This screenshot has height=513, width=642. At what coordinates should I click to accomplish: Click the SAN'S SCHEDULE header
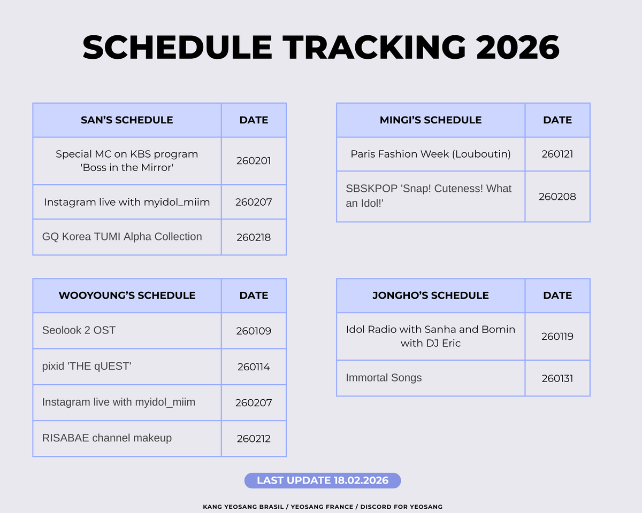[x=127, y=120]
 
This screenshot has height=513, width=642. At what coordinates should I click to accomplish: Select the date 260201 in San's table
[x=254, y=161]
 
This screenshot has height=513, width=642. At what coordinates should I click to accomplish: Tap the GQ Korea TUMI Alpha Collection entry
[x=122, y=237]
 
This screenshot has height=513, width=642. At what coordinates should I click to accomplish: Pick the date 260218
[x=254, y=237]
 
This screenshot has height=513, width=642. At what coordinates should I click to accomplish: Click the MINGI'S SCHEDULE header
[x=431, y=120]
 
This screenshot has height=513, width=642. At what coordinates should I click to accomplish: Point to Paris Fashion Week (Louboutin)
[x=431, y=154]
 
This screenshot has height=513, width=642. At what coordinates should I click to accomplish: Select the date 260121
[x=557, y=154]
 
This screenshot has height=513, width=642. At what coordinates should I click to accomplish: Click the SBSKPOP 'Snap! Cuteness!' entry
[x=429, y=196]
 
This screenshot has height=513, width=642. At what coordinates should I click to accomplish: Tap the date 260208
[x=557, y=197]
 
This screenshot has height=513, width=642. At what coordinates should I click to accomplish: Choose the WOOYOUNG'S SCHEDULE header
[x=127, y=296]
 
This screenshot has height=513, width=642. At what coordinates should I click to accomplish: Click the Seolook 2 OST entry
[x=79, y=330]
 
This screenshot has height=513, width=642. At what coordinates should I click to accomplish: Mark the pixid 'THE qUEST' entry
[x=87, y=367]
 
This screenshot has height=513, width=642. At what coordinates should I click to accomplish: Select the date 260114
[x=254, y=367]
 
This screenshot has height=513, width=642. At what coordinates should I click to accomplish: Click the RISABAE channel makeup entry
[x=107, y=438]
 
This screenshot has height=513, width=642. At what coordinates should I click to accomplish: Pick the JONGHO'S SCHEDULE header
[x=431, y=296]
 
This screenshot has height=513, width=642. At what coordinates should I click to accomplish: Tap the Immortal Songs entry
[x=384, y=378]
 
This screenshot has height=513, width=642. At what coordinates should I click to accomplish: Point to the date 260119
[x=557, y=337]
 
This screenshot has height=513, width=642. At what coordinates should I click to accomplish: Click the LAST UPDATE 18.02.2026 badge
[x=322, y=480]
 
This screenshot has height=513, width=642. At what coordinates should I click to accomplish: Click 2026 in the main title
[x=517, y=47]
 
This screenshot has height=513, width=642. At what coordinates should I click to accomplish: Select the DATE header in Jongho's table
[x=557, y=296]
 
